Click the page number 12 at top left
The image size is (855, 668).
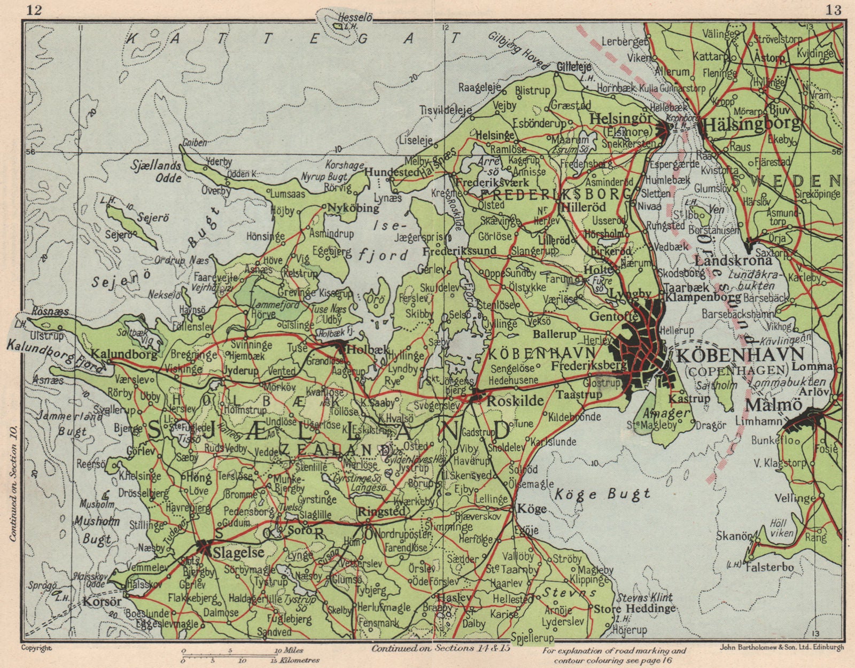coord(34,9)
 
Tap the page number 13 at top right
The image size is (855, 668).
coord(833,9)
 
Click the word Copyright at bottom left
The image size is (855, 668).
coord(36,648)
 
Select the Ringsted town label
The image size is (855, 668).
coord(381,511)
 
